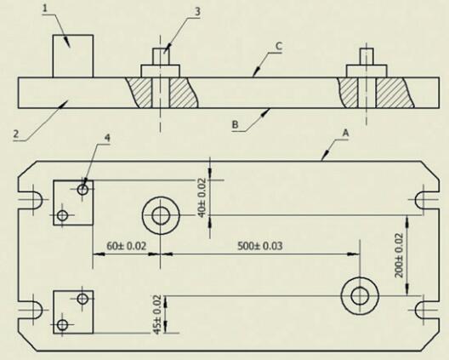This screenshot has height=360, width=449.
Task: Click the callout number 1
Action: (x=45, y=9)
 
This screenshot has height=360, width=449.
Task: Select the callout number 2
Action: (x=16, y=134)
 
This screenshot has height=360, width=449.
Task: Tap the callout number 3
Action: (x=197, y=12)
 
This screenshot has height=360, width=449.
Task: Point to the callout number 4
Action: (x=107, y=138)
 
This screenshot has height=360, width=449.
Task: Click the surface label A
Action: (x=346, y=133)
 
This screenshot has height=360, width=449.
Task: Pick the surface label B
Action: (x=235, y=125)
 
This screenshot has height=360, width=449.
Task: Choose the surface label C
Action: (x=279, y=46)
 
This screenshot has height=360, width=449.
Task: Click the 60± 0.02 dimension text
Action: (x=126, y=246)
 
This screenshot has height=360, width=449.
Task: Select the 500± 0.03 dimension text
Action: (x=260, y=246)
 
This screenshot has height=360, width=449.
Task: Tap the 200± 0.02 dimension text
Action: (x=399, y=255)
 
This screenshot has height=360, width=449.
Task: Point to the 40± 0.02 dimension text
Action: (x=202, y=197)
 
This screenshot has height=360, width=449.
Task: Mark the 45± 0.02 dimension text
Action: (x=158, y=314)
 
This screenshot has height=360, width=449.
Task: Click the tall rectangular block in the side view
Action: (x=73, y=56)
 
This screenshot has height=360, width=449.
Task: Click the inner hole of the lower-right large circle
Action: (x=360, y=296)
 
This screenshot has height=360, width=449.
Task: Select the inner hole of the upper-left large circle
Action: (x=161, y=216)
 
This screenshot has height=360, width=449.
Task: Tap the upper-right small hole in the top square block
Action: (x=82, y=190)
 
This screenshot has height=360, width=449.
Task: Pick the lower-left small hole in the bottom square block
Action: (x=62, y=325)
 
